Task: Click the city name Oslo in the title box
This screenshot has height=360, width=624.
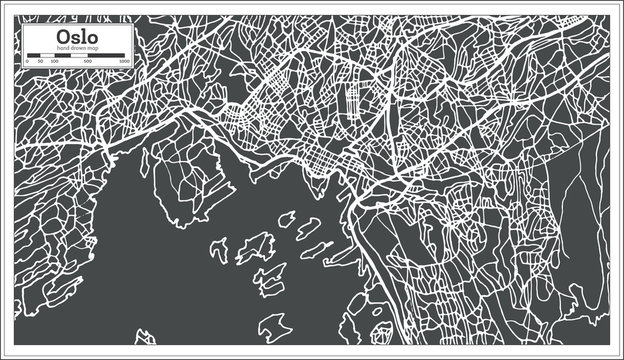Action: point(77,35)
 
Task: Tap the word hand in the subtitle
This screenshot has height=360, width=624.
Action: point(64,48)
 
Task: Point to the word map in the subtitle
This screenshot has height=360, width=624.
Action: point(94,48)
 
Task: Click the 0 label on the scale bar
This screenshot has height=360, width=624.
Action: point(27,61)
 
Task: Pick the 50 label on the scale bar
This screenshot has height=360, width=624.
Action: point(40,61)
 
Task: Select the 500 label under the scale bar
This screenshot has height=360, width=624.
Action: point(88,61)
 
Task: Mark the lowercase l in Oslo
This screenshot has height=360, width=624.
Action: point(83,35)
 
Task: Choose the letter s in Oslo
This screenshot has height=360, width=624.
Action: point(75,36)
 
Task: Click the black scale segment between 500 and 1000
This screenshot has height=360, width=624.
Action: point(106,55)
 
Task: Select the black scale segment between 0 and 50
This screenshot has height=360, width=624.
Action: point(33,55)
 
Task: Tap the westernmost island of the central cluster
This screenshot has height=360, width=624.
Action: point(218,250)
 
